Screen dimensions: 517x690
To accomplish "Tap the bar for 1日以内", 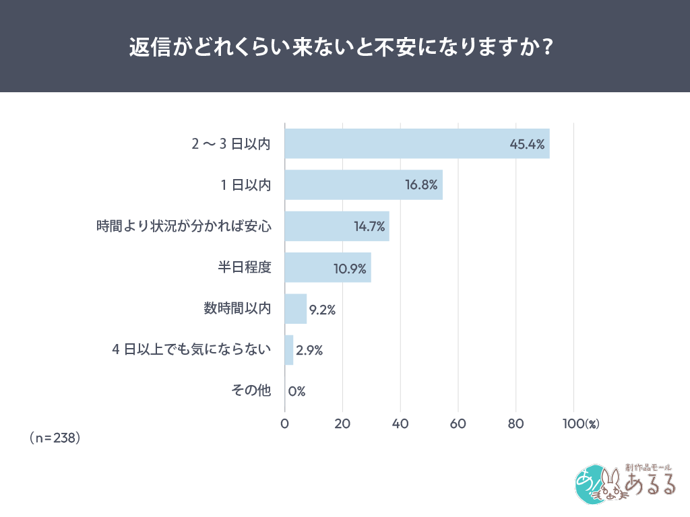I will (x=363, y=184).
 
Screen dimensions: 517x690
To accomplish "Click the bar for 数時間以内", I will (x=296, y=309).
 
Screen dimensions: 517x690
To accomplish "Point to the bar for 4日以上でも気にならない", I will (x=289, y=350).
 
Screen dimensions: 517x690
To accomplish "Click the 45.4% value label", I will (x=527, y=144).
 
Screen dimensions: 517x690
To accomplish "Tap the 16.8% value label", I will (x=422, y=185).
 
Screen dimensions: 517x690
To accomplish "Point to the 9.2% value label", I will (x=322, y=310).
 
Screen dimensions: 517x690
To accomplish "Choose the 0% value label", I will (x=297, y=391).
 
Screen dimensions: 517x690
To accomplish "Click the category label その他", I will (x=251, y=391).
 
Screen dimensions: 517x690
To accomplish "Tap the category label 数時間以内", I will (x=237, y=309).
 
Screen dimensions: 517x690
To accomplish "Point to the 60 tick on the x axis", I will (x=458, y=424).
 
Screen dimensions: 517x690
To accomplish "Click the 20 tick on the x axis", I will (x=342, y=424).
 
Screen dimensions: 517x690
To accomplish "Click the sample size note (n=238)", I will (x=55, y=438).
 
